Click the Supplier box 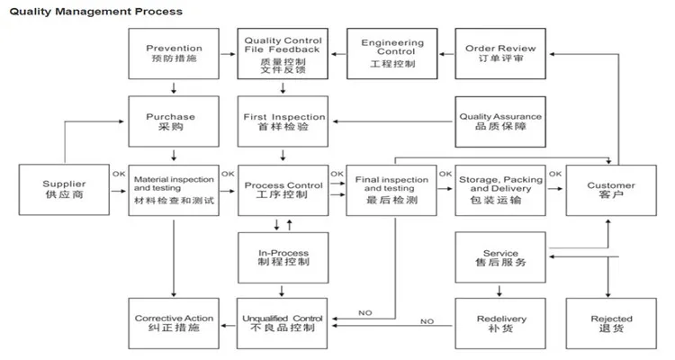point(64,190)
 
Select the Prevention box point(174,54)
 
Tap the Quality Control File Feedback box point(283,54)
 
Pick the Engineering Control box point(392,54)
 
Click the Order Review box point(500,54)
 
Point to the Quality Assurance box point(500,121)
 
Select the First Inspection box point(283,121)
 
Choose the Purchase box point(174,121)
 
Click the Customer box point(611,190)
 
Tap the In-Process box point(283,257)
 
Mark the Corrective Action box point(174,323)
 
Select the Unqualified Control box point(283,323)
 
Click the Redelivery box point(500,323)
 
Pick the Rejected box point(611,323)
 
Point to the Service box point(500,257)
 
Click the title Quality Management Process point(96,12)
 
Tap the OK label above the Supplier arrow point(119,174)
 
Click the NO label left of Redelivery point(427,321)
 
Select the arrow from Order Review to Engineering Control point(446,54)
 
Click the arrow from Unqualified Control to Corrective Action point(229,326)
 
